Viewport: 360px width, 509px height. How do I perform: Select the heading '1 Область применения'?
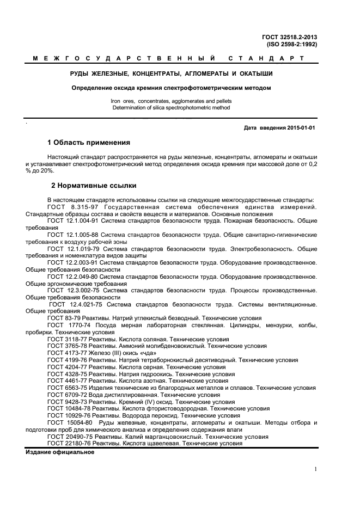coord(89,143)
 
